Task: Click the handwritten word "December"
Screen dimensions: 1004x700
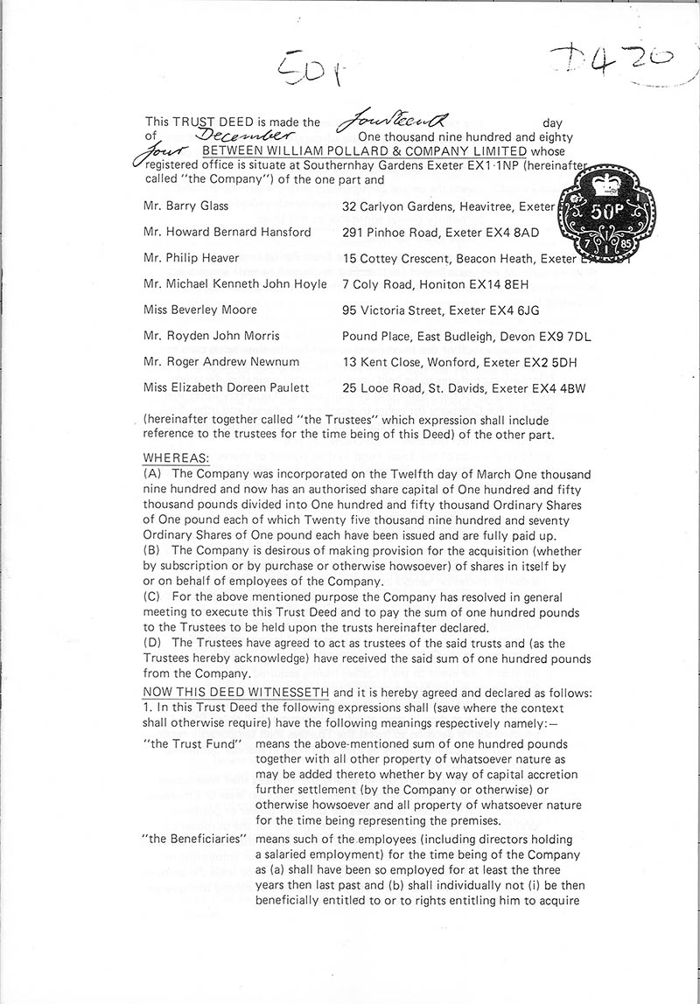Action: click(x=242, y=136)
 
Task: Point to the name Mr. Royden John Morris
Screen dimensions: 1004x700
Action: click(x=211, y=336)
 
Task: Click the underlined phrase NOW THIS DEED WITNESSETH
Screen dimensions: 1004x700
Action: click(x=235, y=693)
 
